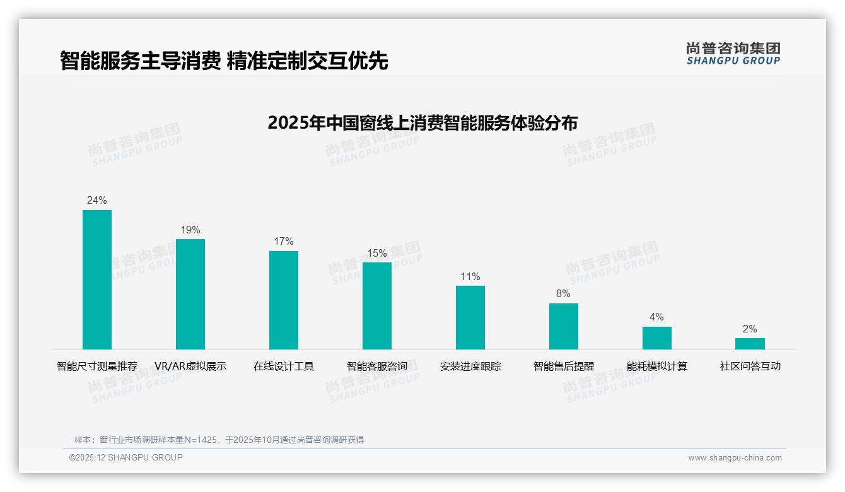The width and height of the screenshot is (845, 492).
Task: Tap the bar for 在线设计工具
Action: click(284, 300)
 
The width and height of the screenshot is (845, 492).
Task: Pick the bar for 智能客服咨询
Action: click(377, 306)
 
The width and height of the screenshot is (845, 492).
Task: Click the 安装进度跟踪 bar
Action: click(470, 317)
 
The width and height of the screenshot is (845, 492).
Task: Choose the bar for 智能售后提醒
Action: click(564, 326)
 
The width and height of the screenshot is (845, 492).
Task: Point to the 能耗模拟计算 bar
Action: click(657, 338)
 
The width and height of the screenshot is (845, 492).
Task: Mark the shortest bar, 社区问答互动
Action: click(750, 344)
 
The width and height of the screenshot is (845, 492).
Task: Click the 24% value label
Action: click(97, 201)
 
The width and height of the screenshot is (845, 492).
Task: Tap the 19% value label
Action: click(190, 230)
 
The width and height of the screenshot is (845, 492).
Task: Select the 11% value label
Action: click(470, 277)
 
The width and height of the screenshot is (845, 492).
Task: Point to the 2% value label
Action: click(750, 329)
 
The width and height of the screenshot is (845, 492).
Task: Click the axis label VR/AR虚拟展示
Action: click(190, 366)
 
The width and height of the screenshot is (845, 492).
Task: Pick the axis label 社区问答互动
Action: click(750, 366)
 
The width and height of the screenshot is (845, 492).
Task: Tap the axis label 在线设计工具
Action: click(284, 366)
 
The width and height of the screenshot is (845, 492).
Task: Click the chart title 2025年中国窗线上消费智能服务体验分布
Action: click(422, 123)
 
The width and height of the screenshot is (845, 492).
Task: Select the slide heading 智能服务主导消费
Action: click(140, 61)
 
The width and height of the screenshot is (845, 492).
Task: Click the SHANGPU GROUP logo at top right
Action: click(733, 54)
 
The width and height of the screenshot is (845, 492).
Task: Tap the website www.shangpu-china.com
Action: click(735, 458)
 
